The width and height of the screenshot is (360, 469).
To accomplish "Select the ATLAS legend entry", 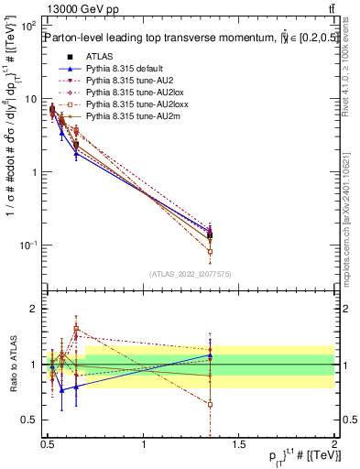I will click(97, 57).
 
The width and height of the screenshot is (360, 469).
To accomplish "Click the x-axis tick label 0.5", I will click(48, 444).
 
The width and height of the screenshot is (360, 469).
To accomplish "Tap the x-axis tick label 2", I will click(333, 444).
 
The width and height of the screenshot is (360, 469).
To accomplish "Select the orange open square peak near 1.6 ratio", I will click(76, 329).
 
